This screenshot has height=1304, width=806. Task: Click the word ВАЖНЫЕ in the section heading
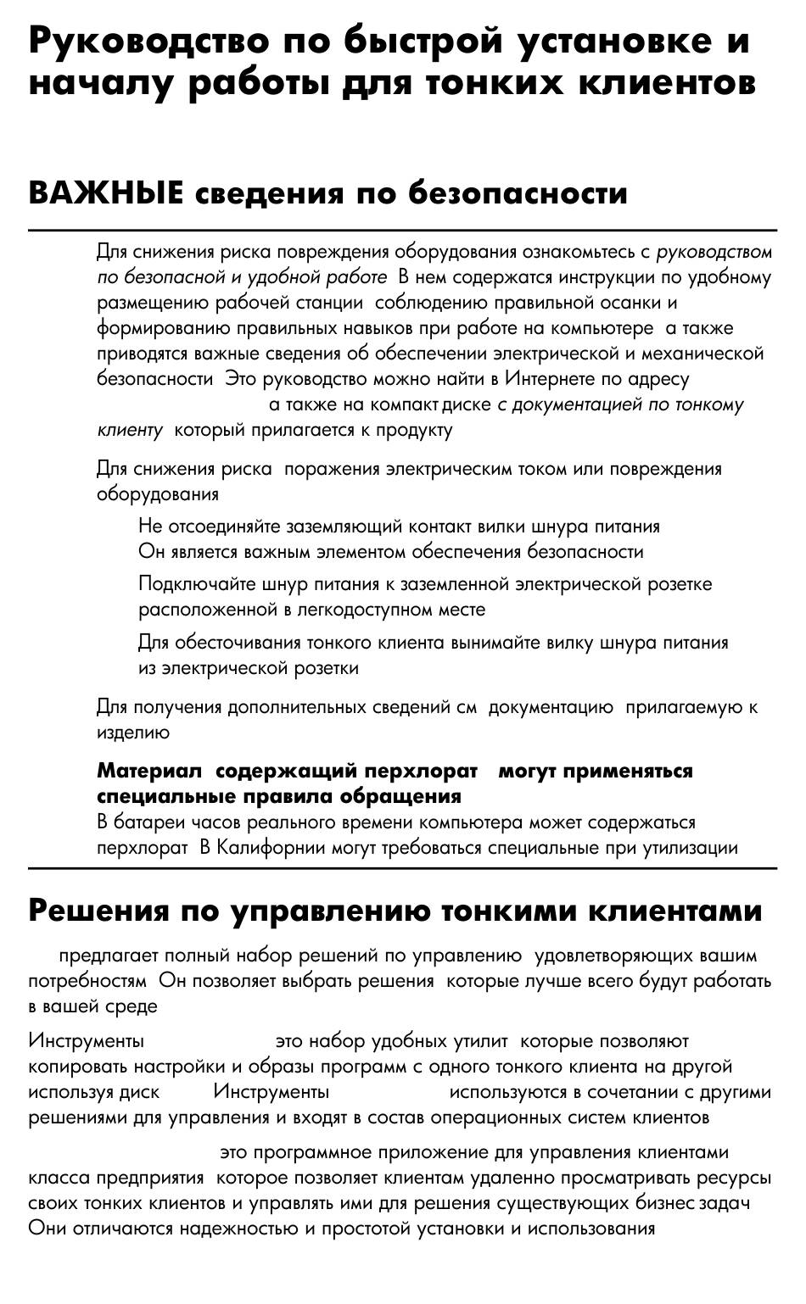pos(105,193)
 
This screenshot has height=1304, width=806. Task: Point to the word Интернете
pos(559,379)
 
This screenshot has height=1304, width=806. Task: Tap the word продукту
pos(414,431)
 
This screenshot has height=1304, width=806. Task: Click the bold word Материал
pos(149,771)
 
